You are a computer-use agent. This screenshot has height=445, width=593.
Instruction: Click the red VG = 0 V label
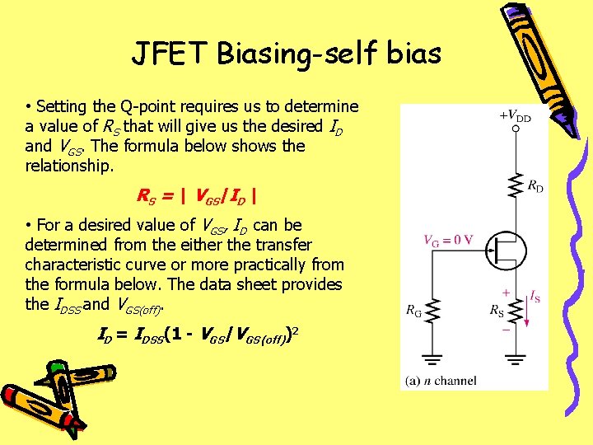tap(447, 241)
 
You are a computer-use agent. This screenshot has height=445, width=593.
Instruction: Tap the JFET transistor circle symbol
tap(503, 247)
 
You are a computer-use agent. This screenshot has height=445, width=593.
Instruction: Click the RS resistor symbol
tap(516, 311)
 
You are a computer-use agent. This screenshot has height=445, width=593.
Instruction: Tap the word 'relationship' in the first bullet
tap(70, 166)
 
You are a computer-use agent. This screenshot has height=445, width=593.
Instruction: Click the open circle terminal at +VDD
tap(516, 129)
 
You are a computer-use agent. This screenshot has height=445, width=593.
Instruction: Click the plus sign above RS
tap(504, 293)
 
